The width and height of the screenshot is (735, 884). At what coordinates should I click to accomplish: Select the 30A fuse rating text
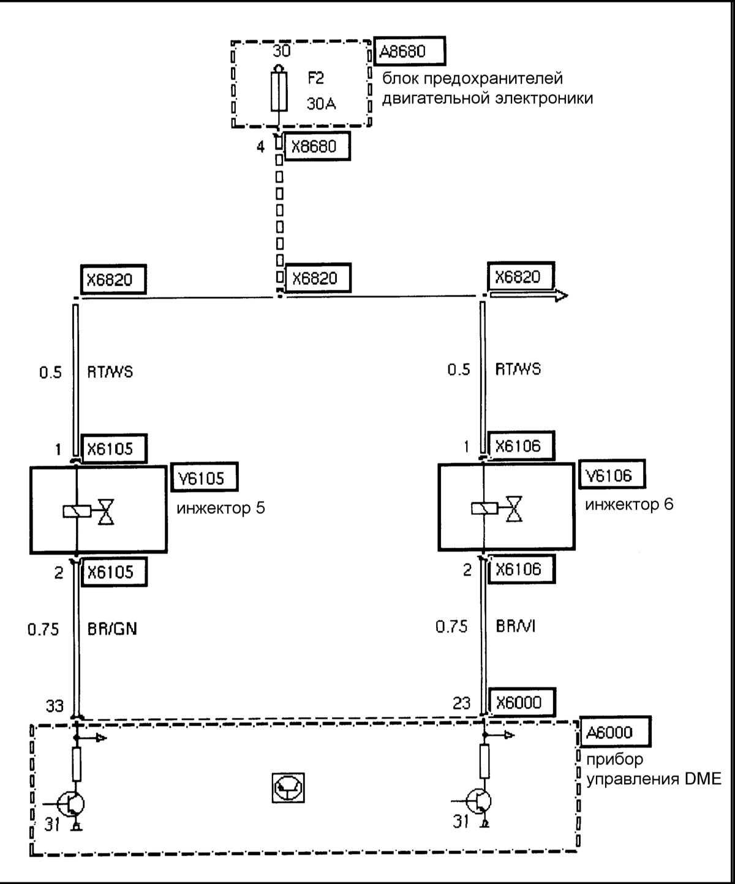(321, 104)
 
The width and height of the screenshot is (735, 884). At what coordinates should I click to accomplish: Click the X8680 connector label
(318, 148)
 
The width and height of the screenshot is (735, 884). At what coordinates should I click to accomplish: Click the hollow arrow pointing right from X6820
(530, 296)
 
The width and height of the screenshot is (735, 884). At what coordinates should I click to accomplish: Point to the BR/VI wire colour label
(516, 627)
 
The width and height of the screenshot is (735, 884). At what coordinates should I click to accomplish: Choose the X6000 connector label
(518, 702)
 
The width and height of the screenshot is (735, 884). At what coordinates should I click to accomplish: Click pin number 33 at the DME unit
(55, 706)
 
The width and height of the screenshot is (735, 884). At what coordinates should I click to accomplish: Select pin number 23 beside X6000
(461, 703)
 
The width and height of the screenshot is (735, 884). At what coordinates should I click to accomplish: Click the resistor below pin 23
(484, 761)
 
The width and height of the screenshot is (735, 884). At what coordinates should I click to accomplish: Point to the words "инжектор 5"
(221, 508)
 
